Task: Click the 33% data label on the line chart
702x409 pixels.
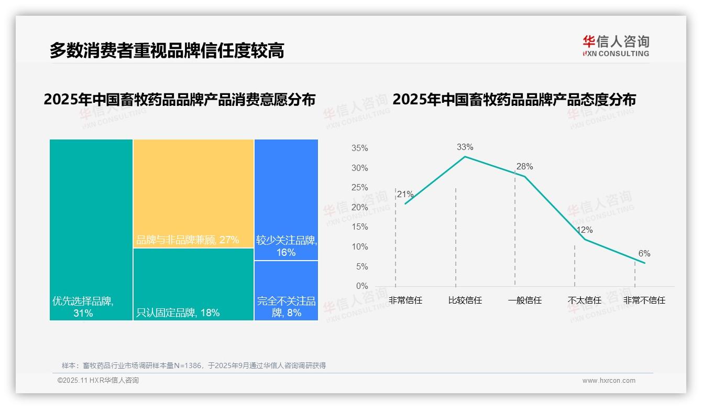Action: tap(465, 147)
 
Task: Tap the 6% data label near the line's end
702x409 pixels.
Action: tap(644, 254)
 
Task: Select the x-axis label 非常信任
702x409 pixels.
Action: tap(405, 300)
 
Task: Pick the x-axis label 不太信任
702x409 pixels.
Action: tap(585, 300)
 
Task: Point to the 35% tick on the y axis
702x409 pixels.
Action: tap(359, 148)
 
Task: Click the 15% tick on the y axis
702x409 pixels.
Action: tap(359, 227)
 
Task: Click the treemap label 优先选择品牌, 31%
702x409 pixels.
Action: tap(83, 307)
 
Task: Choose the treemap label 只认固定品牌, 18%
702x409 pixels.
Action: tap(178, 313)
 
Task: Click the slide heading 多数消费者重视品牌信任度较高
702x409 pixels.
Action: tap(167, 50)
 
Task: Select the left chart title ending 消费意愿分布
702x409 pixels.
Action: tap(180, 100)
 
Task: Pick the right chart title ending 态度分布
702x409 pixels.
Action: tap(514, 100)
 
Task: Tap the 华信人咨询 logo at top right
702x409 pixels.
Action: tap(616, 46)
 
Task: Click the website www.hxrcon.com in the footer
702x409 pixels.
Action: tap(609, 381)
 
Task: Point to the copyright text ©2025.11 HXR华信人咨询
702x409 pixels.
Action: tap(98, 381)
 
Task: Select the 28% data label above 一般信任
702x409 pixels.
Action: tap(524, 167)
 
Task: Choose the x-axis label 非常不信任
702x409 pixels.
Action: tap(644, 300)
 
